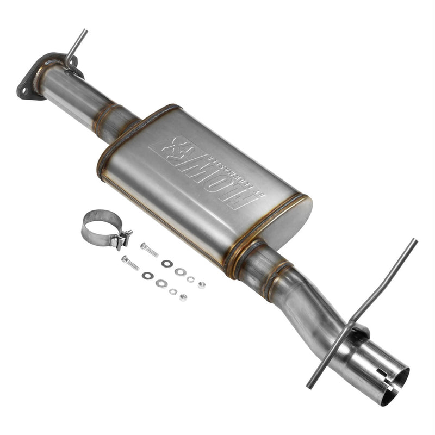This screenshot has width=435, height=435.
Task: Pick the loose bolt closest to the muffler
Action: pyautogui.click(x=149, y=250)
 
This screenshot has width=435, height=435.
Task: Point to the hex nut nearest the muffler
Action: pyautogui.click(x=201, y=284)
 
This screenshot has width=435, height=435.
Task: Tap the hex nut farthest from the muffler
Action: pyautogui.click(x=183, y=297)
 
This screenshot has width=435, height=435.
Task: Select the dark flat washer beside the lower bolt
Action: pyautogui.click(x=147, y=276)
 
